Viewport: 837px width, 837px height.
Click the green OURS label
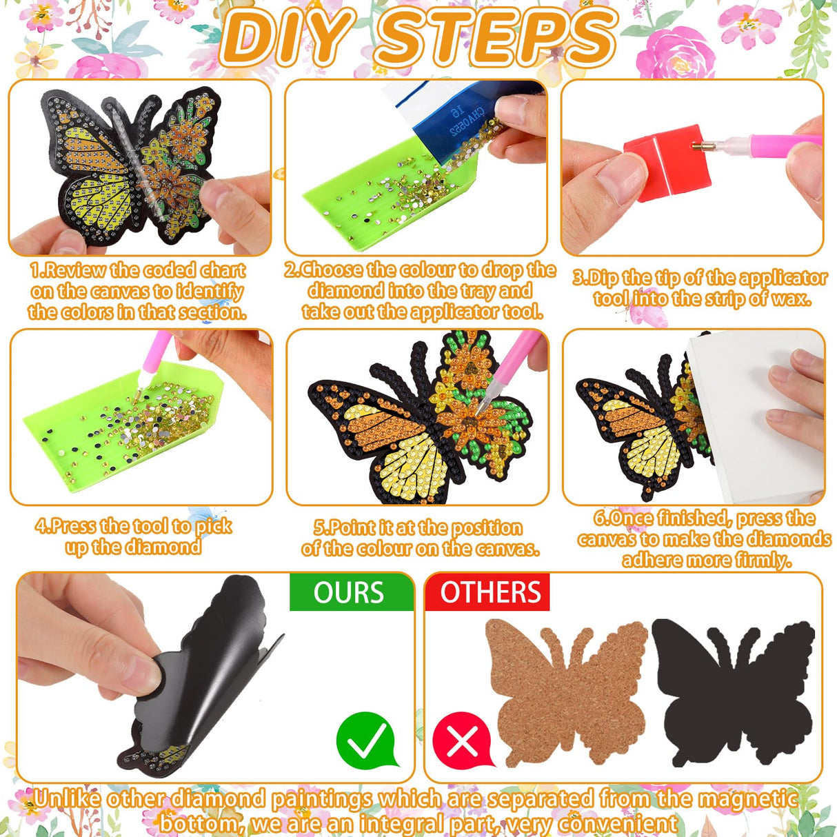[350, 593]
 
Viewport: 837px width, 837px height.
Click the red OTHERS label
[490, 593]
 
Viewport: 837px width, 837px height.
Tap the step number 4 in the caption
[41, 526]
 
